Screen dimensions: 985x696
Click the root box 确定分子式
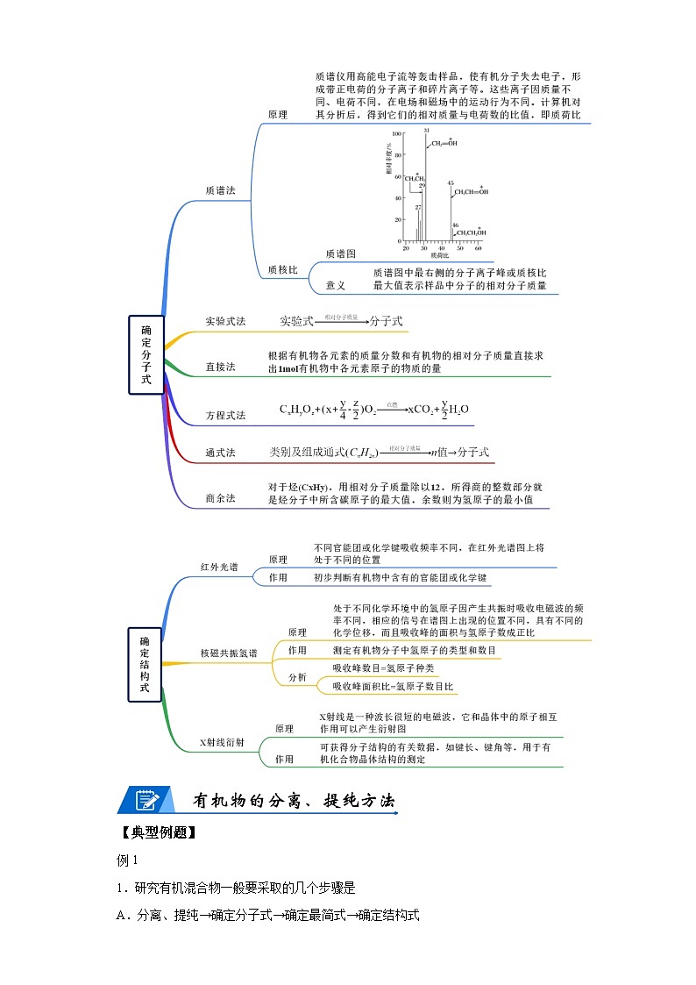click(x=146, y=354)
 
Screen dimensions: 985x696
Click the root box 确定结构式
click(x=146, y=664)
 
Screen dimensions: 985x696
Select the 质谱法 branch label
click(x=220, y=189)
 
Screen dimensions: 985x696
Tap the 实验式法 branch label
click(x=225, y=322)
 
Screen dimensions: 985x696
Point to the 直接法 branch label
click(x=220, y=367)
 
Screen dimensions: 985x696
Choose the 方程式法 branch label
click(x=225, y=415)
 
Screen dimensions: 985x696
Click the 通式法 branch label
click(x=220, y=453)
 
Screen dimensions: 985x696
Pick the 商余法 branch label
click(x=220, y=498)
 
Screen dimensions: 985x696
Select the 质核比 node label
click(x=282, y=270)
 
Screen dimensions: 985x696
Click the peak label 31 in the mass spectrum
click(x=426, y=131)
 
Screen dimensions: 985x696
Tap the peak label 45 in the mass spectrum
click(x=451, y=183)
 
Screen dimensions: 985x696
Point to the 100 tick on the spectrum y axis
click(x=396, y=134)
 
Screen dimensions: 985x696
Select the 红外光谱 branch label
click(x=219, y=567)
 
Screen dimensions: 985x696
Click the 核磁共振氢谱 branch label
click(x=229, y=654)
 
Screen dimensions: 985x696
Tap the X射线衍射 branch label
click(x=223, y=743)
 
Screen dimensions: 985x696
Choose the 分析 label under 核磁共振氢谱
click(x=297, y=677)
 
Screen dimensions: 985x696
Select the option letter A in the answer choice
click(x=122, y=916)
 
